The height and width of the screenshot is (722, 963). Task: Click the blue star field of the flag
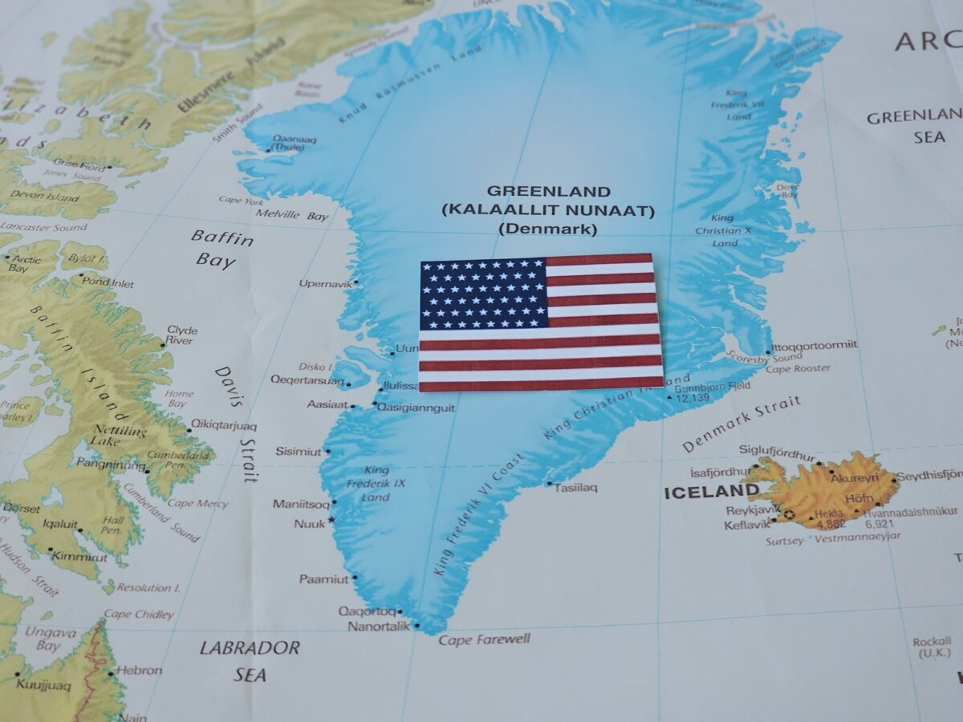click(x=482, y=294)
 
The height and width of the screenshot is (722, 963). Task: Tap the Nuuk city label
click(x=309, y=524)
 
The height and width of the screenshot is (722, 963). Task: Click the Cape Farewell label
click(x=484, y=639)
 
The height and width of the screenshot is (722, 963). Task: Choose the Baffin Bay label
click(x=221, y=249)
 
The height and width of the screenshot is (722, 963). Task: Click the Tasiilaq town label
click(x=575, y=487)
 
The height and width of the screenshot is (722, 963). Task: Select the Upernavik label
click(x=325, y=283)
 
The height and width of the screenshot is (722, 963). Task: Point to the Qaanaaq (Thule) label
click(x=294, y=143)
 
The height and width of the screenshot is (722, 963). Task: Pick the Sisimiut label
click(x=299, y=452)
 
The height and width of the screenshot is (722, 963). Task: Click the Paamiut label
click(x=323, y=578)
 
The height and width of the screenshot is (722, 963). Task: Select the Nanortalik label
click(x=378, y=626)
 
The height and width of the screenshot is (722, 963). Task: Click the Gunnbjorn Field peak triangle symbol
click(x=669, y=396)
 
